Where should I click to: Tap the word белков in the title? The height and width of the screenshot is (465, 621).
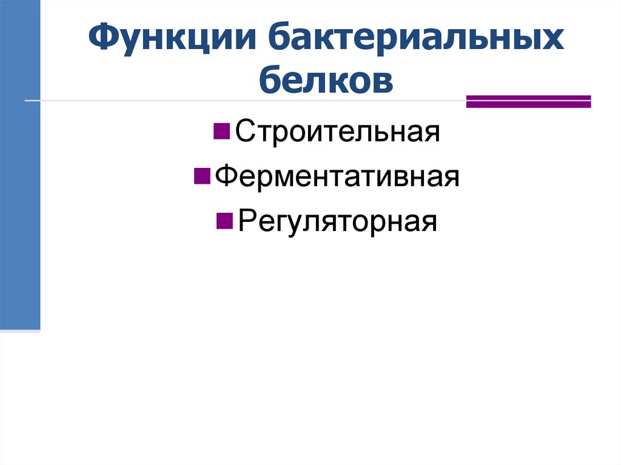326,81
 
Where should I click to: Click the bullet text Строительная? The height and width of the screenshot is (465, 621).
337,132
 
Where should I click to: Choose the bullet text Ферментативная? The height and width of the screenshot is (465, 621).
337,176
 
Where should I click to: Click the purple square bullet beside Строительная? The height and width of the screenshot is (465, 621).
221,130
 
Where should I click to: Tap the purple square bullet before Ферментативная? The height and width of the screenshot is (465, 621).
201,176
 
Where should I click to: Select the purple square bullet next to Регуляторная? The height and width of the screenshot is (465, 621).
224,220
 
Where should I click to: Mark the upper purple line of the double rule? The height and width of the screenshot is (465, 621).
528,97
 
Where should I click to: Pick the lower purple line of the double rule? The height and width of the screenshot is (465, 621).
528,105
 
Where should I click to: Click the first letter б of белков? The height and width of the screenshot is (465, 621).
271,81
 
